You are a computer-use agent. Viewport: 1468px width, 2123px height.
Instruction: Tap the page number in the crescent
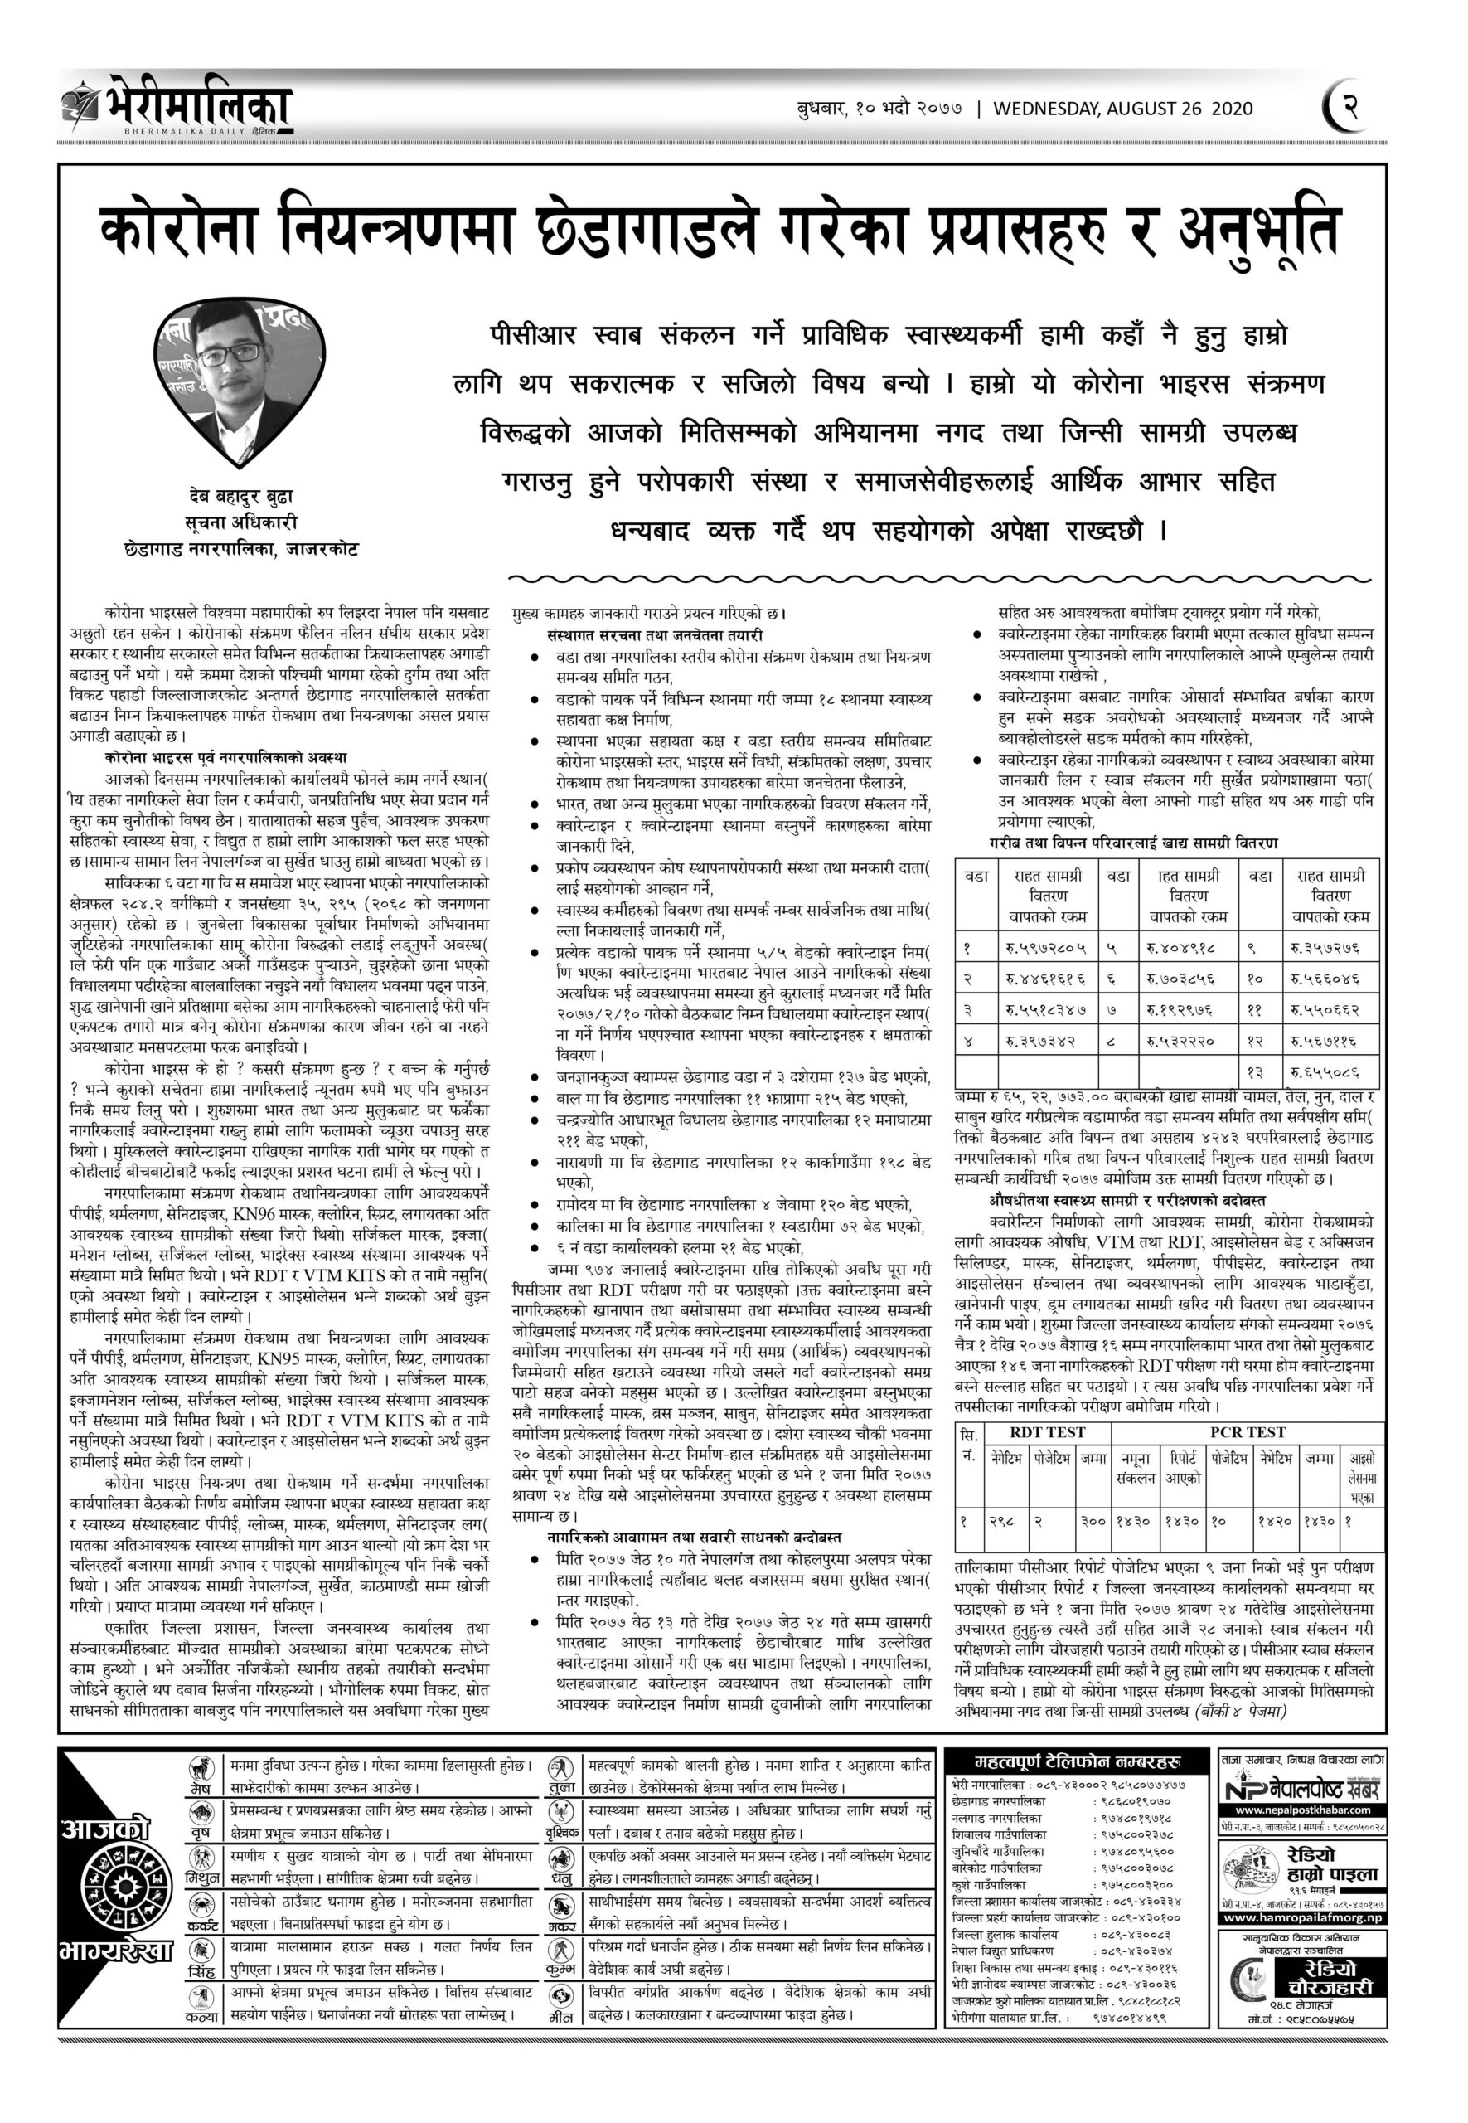coord(1349,107)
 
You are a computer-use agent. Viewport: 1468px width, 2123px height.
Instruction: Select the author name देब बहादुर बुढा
coord(241,498)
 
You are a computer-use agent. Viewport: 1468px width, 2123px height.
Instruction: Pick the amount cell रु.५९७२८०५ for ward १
coord(1041,947)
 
